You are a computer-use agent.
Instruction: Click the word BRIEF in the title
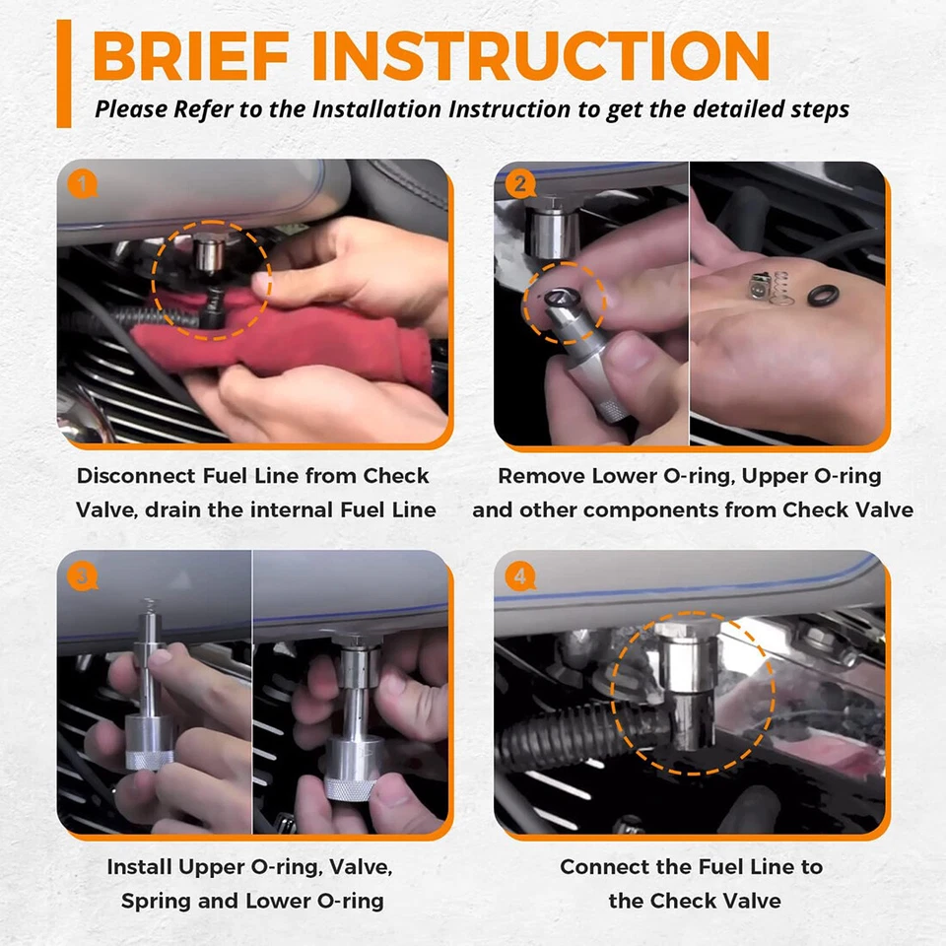[191, 55]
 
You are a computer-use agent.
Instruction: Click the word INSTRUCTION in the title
[541, 55]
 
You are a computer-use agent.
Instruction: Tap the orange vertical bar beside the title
[64, 74]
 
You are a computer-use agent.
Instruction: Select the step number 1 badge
[83, 184]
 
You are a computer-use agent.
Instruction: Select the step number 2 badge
[520, 183]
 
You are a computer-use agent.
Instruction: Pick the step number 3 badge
[83, 576]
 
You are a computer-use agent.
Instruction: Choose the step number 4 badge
[520, 576]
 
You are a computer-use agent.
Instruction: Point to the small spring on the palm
[781, 287]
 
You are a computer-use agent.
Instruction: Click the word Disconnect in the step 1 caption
[136, 475]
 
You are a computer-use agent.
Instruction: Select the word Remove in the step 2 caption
[541, 476]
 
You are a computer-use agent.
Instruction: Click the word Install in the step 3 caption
[139, 867]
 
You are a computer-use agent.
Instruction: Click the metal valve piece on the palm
[758, 287]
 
